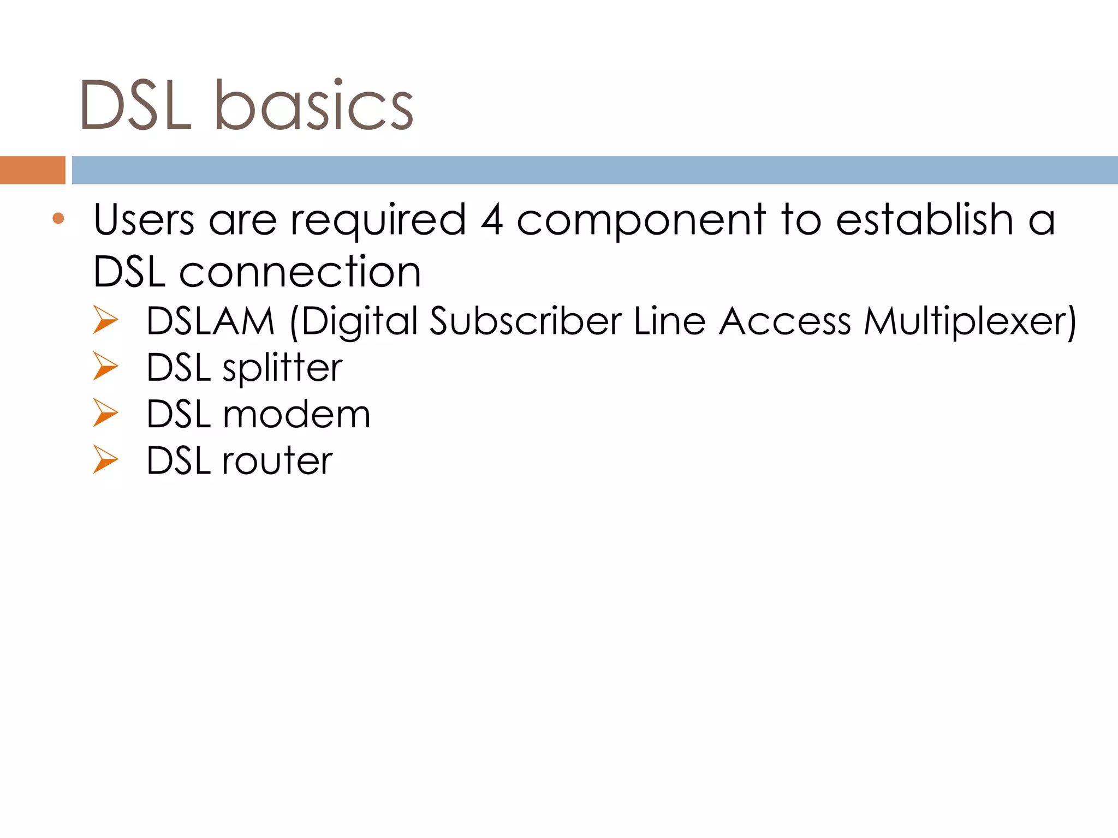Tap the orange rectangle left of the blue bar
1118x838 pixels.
point(32,170)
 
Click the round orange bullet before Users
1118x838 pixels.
point(58,219)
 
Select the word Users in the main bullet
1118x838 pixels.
point(144,219)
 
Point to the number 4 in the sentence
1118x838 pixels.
point(491,219)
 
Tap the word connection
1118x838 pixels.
point(300,272)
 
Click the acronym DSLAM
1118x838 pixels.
point(211,321)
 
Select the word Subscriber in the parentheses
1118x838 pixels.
point(526,321)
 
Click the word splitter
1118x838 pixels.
point(282,368)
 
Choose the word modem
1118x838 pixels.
point(296,414)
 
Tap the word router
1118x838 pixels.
point(277,461)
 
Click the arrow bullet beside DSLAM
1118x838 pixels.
point(105,320)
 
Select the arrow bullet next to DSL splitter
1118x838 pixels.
point(105,366)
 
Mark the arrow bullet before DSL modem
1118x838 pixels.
point(105,413)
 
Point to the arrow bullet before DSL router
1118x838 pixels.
point(105,459)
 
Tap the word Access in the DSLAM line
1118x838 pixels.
point(784,321)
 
